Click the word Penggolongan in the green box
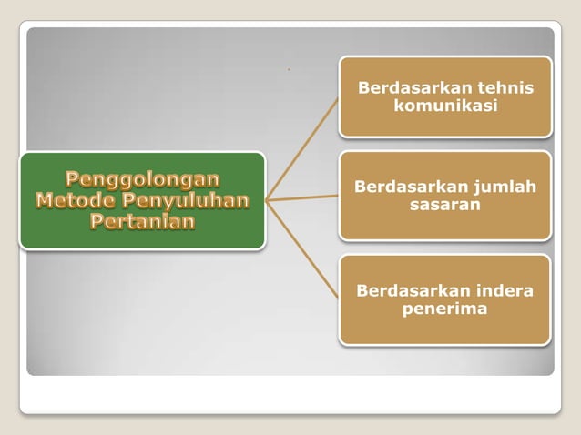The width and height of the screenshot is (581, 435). pyautogui.click(x=142, y=179)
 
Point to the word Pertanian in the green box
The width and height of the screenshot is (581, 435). pyautogui.click(x=142, y=221)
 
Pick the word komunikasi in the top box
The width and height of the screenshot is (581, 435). pyautogui.click(x=445, y=106)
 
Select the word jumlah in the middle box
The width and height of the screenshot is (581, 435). pyautogui.click(x=504, y=187)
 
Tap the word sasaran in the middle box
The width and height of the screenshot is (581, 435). pyautogui.click(x=445, y=205)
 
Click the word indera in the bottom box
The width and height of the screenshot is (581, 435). pyautogui.click(x=501, y=291)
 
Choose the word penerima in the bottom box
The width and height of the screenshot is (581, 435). pyautogui.click(x=445, y=309)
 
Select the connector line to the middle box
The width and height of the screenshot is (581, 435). pyautogui.click(x=302, y=197)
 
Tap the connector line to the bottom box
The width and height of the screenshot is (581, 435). pyautogui.click(x=302, y=248)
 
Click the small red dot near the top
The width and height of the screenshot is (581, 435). pyautogui.click(x=289, y=68)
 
